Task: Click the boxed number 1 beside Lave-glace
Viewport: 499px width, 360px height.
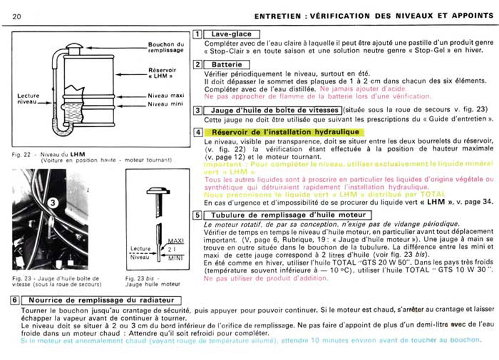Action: point(198,34)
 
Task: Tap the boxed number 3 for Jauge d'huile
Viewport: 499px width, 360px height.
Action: point(198,110)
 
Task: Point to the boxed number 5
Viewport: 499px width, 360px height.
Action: point(198,215)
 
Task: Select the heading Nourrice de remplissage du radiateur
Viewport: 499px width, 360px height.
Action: point(100,300)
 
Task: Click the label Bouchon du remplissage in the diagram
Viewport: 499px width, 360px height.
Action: point(165,47)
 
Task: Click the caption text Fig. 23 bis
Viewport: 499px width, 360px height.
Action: point(140,276)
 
